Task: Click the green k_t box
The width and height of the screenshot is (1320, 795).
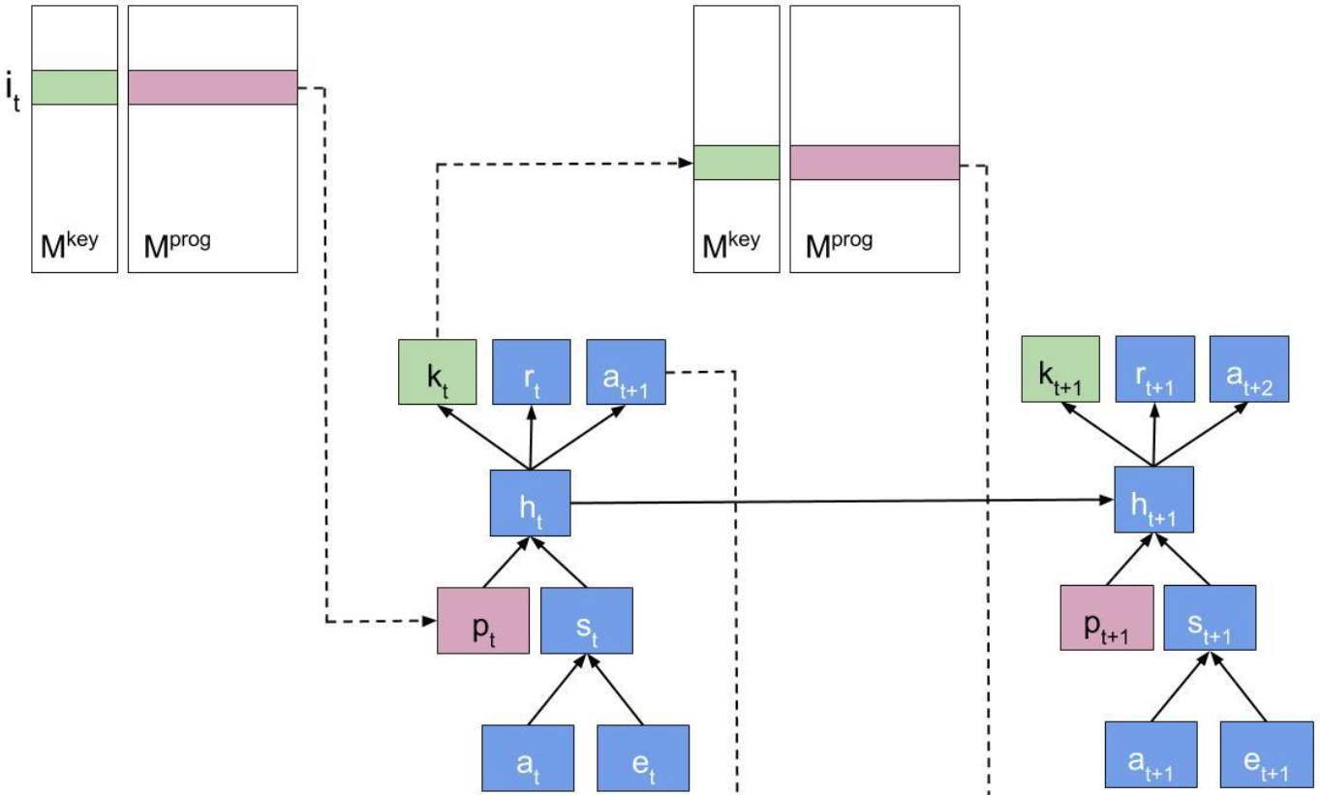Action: (437, 372)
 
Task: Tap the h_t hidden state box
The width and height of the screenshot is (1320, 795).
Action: (531, 503)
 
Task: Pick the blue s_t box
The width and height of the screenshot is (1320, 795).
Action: (586, 621)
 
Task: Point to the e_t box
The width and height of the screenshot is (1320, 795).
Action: (643, 757)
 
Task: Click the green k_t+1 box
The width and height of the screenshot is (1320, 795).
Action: (1059, 369)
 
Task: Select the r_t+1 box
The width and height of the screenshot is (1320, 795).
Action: (1154, 369)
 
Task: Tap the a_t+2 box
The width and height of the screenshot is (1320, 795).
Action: (1248, 369)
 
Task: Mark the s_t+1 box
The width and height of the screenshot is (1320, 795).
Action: (1210, 618)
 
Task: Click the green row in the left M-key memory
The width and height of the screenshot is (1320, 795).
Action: (75, 87)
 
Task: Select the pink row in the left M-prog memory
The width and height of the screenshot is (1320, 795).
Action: (212, 87)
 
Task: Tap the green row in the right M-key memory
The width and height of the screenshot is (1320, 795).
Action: (736, 163)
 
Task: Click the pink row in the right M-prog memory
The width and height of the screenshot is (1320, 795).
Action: (875, 163)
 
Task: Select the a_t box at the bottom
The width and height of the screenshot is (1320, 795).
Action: (529, 757)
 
